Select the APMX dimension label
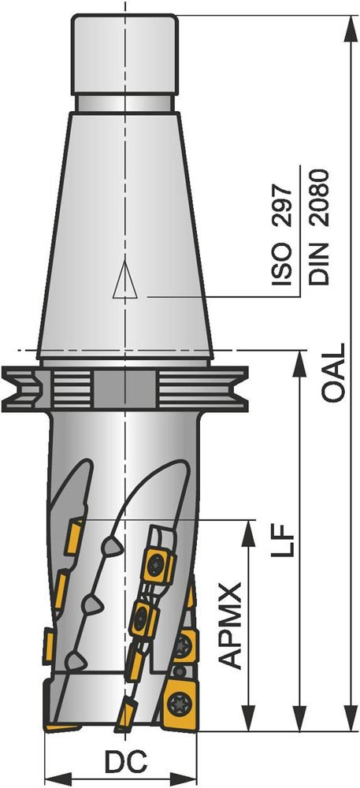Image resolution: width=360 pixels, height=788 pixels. tap(232, 625)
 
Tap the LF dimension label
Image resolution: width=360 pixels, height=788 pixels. tap(281, 541)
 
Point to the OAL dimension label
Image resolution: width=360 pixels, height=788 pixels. tap(333, 373)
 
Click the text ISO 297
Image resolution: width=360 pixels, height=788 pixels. tap(281, 235)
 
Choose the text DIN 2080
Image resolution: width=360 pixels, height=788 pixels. tap(319, 227)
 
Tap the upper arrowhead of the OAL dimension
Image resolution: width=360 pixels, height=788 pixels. tap(350, 29)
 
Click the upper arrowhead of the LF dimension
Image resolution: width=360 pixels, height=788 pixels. tap(300, 362)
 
